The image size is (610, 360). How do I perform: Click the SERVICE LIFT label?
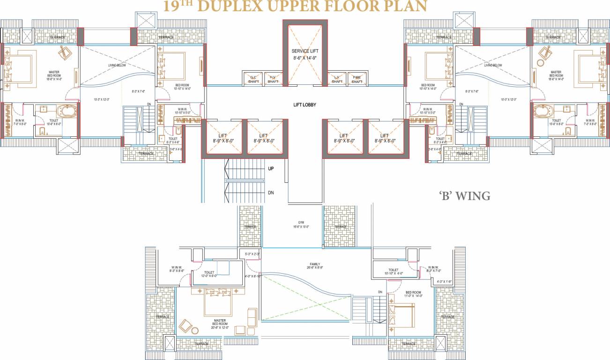[x=304, y=51]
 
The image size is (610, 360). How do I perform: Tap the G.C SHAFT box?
[x=253, y=79]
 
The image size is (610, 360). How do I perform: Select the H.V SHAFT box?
[x=273, y=79]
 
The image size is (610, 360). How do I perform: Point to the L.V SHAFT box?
[x=336, y=79]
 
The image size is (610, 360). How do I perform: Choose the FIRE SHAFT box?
[x=357, y=79]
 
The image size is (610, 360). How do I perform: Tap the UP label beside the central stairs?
[x=271, y=169]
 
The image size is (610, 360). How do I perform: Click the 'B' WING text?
[x=464, y=196]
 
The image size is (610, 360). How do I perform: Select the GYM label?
[x=301, y=222]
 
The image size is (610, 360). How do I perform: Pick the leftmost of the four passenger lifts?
[x=223, y=137]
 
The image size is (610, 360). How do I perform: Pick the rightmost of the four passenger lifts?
[x=385, y=137]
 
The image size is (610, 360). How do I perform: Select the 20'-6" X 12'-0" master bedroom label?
[x=220, y=328]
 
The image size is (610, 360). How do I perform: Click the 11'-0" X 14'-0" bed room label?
[x=414, y=296]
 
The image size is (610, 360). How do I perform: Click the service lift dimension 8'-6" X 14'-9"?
[x=304, y=58]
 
